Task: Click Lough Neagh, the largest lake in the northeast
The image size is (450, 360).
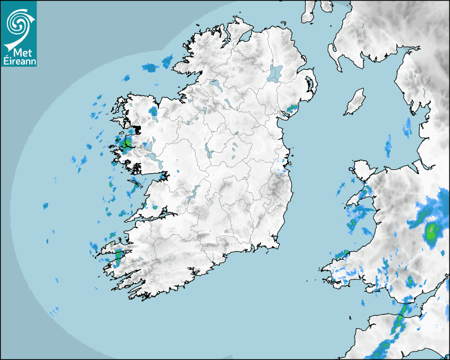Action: point(275,73)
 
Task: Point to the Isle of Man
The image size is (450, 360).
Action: point(355,102)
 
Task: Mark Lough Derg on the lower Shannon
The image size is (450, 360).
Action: point(195,192)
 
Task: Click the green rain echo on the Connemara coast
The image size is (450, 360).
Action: point(127,143)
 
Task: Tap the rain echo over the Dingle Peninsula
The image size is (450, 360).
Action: point(118,256)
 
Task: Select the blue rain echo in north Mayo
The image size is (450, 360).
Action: point(154,111)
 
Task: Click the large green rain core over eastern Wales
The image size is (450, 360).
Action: point(433,231)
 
